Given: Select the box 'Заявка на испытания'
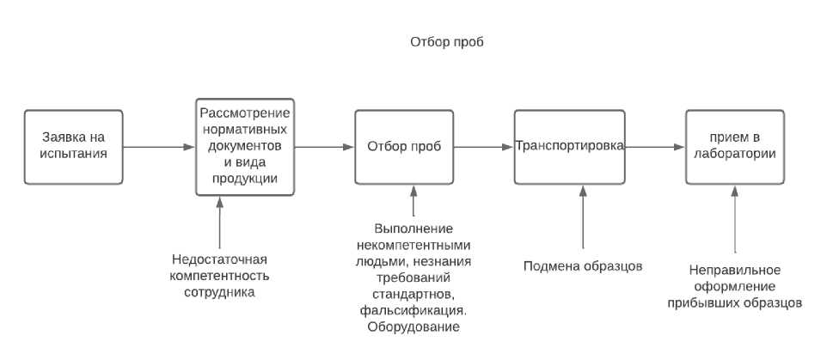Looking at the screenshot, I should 72,146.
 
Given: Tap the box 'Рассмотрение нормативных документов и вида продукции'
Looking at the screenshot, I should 244,146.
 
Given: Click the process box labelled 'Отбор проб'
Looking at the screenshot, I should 404,146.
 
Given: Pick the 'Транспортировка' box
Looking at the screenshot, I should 568,146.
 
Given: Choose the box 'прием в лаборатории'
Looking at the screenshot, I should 734,146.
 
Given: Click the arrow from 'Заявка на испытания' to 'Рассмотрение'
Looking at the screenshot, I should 158,147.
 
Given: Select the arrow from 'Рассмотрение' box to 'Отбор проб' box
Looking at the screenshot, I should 324,147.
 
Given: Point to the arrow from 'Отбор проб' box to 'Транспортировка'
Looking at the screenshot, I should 483,147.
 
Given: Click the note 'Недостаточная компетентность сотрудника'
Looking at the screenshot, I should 220,275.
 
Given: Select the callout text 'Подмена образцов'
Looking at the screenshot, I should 583,265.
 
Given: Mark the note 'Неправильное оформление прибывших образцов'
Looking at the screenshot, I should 734,286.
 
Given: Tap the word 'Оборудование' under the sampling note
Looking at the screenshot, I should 413,326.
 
